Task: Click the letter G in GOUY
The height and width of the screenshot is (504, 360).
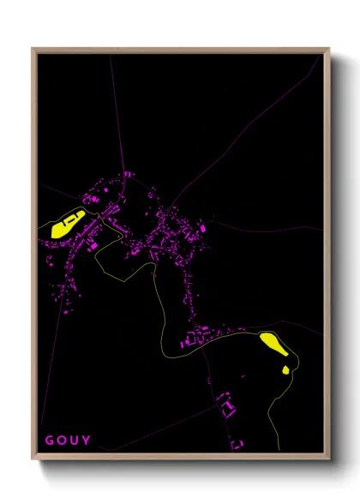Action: (x=49, y=441)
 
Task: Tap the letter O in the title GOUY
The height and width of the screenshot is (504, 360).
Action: (x=62, y=441)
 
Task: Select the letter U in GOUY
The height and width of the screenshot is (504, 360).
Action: (x=75, y=441)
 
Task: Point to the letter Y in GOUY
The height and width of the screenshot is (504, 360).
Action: (x=87, y=441)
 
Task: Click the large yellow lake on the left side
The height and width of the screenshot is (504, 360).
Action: (x=66, y=225)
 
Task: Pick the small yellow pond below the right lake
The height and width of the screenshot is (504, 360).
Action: (x=285, y=369)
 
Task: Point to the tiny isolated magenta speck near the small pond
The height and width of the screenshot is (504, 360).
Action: (x=243, y=376)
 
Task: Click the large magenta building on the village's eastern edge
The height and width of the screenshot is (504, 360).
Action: (x=203, y=229)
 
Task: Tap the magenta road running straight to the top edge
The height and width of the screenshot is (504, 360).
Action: (x=112, y=103)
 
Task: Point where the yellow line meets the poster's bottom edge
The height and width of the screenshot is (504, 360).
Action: (x=279, y=451)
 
